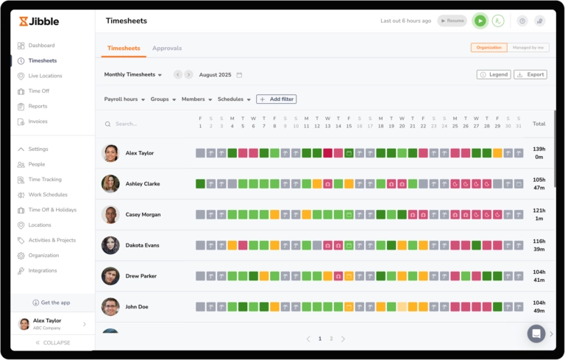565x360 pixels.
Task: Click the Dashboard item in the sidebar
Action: (x=41, y=46)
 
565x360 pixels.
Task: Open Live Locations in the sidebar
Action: (x=45, y=76)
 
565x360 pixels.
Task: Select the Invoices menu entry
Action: (x=38, y=121)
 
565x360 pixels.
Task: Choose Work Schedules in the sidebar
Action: (x=47, y=195)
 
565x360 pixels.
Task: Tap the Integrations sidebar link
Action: (x=42, y=271)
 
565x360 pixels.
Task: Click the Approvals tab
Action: (x=167, y=49)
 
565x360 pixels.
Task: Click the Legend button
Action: (x=494, y=74)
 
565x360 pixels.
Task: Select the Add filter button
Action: (x=277, y=99)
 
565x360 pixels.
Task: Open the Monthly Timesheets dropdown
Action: (x=133, y=74)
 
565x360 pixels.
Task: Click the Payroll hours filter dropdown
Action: (x=124, y=99)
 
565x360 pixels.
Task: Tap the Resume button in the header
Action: (x=452, y=21)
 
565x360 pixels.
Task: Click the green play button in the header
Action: (x=480, y=21)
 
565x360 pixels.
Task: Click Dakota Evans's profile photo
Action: (x=110, y=245)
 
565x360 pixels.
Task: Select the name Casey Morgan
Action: (x=143, y=215)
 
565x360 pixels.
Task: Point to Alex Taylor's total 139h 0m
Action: (x=539, y=153)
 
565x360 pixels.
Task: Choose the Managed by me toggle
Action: (x=528, y=48)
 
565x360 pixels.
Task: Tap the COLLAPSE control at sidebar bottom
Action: (x=53, y=343)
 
